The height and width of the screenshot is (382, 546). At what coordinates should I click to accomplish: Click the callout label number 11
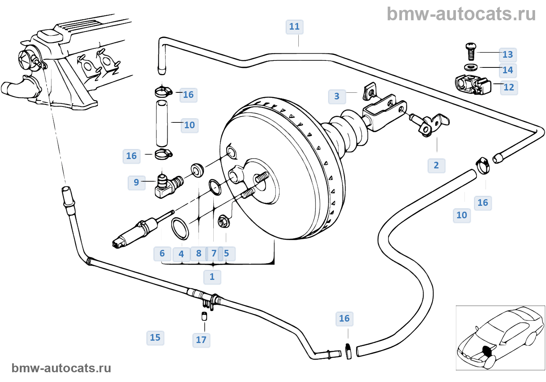click(294, 27)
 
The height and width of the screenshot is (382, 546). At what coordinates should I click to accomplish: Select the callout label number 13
click(508, 55)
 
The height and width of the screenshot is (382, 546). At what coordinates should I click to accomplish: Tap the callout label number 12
click(509, 87)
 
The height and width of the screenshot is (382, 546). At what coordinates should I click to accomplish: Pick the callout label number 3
click(337, 96)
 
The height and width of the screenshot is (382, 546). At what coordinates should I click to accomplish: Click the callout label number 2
click(436, 165)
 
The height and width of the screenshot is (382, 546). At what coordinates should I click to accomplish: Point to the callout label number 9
click(136, 182)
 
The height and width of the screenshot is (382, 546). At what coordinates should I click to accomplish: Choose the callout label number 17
click(201, 340)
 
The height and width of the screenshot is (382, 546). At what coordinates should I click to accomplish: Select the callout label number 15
click(155, 338)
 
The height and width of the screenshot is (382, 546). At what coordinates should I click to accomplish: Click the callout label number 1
click(212, 277)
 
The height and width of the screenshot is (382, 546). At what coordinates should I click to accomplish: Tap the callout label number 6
click(162, 253)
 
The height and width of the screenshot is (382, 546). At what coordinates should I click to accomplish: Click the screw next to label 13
click(471, 51)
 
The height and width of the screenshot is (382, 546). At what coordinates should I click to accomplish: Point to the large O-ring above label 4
click(180, 229)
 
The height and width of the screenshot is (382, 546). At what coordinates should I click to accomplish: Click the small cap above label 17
click(204, 316)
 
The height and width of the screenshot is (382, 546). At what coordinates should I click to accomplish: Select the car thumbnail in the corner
click(500, 338)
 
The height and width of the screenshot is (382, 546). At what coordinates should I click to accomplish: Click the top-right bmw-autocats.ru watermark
click(461, 14)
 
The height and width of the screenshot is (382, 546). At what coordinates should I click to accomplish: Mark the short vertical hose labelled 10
click(162, 123)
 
